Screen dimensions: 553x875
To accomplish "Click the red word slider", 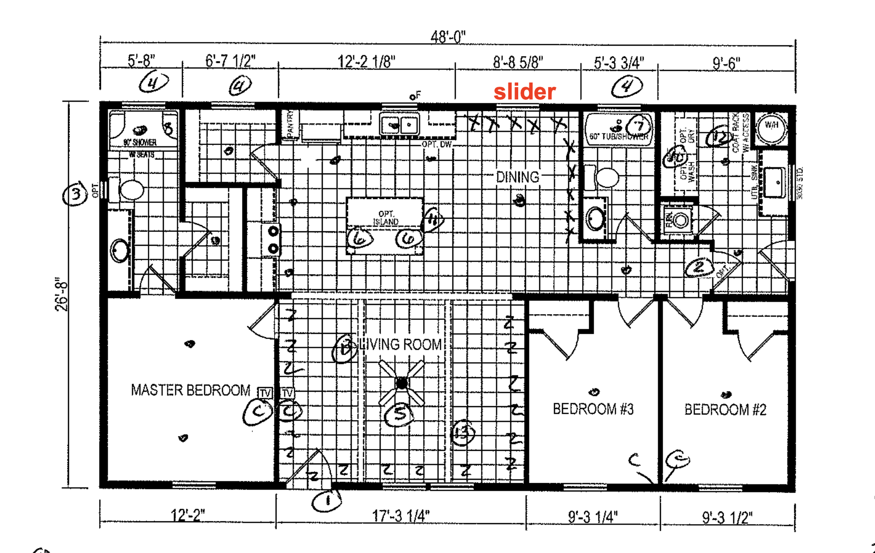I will pyautogui.click(x=525, y=92).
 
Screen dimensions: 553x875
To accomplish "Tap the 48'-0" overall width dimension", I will pyautogui.click(x=448, y=37).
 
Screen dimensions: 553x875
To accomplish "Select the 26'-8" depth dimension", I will pyautogui.click(x=62, y=295).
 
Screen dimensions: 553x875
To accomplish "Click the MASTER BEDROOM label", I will pyautogui.click(x=190, y=390).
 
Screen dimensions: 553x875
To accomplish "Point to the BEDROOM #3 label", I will pyautogui.click(x=593, y=409).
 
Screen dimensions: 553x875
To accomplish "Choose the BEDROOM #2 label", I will pyautogui.click(x=725, y=410).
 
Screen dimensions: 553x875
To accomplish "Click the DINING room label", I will pyautogui.click(x=517, y=177).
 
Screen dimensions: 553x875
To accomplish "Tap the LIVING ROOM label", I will pyautogui.click(x=400, y=345).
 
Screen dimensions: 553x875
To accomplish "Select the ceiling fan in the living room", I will pyautogui.click(x=402, y=383).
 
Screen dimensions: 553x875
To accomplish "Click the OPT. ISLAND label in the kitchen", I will pyautogui.click(x=386, y=218).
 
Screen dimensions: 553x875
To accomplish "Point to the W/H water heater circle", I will pyautogui.click(x=771, y=126).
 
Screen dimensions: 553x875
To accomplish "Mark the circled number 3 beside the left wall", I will pyautogui.click(x=76, y=194).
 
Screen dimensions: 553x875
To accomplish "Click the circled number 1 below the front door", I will pyautogui.click(x=327, y=501).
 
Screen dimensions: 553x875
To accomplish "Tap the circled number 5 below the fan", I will pyautogui.click(x=399, y=414).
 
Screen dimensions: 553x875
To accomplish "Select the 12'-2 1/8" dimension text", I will pyautogui.click(x=366, y=62).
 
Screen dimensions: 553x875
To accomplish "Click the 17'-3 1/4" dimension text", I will pyautogui.click(x=401, y=516).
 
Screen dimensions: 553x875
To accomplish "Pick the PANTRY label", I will pyautogui.click(x=291, y=124).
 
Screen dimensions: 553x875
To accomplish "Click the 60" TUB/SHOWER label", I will pyautogui.click(x=618, y=137).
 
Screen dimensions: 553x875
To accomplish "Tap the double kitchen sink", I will pyautogui.click(x=400, y=124).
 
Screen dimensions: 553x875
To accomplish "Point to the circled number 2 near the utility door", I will pyautogui.click(x=699, y=268).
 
